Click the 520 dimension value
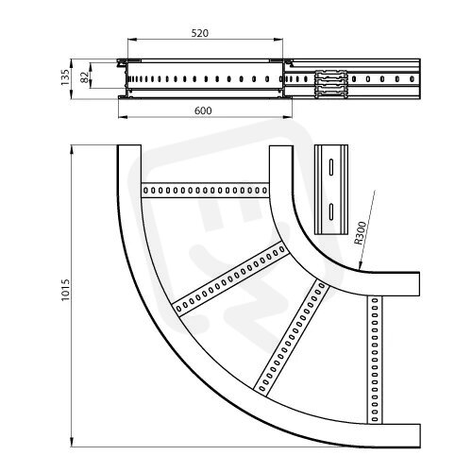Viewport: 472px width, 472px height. (x=200, y=33)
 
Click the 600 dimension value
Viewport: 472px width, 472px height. (x=203, y=110)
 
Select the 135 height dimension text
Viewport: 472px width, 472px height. (x=65, y=77)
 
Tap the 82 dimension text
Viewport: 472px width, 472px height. (x=84, y=77)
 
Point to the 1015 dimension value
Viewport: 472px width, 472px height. (x=65, y=290)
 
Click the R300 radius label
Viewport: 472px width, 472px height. (x=361, y=233)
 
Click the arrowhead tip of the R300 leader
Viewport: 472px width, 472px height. (x=359, y=270)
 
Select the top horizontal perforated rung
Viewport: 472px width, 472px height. (x=205, y=190)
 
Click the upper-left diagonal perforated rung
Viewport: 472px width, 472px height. (x=230, y=278)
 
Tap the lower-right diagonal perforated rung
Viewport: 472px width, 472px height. (x=292, y=337)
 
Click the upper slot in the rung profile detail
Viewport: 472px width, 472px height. (x=331, y=166)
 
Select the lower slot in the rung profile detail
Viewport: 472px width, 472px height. (x=331, y=211)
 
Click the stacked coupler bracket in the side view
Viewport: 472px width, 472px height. (x=331, y=84)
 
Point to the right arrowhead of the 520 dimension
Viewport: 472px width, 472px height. (x=278, y=40)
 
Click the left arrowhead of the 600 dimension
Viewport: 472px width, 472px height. (x=123, y=117)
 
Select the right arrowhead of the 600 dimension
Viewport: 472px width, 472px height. (x=288, y=117)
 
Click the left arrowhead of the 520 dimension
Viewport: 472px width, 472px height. (x=132, y=40)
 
